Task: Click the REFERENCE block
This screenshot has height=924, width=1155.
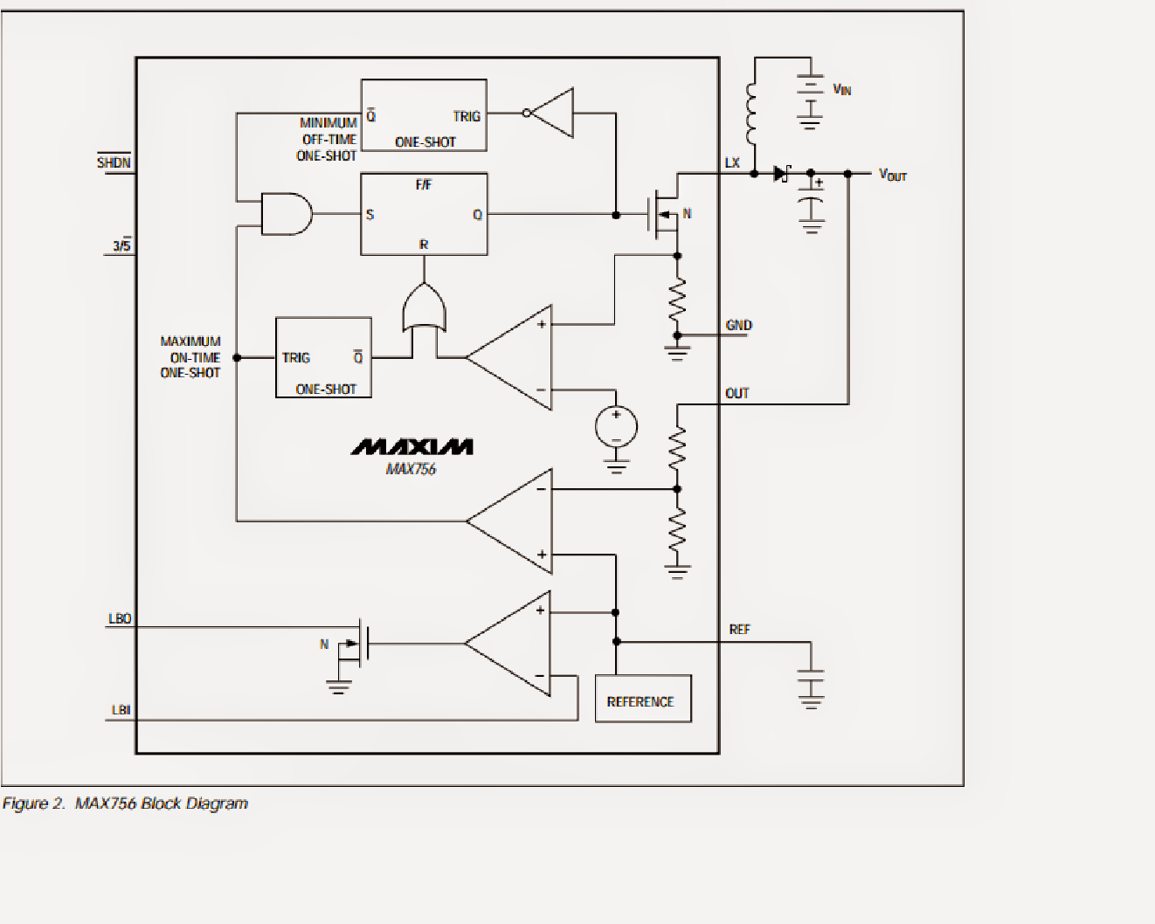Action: [x=642, y=699]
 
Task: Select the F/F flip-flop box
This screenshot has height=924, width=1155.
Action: [x=424, y=214]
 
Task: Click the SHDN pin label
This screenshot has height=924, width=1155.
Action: [x=114, y=162]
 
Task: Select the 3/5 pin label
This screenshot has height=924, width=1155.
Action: [x=121, y=246]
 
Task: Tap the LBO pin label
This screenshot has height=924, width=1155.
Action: [x=120, y=618]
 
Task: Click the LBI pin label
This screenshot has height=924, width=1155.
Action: [x=121, y=710]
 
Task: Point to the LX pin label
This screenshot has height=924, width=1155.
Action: [x=732, y=163]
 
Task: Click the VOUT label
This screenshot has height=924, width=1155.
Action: [x=892, y=175]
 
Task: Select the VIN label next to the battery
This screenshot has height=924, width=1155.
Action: [x=841, y=89]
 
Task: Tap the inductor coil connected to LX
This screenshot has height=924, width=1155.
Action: [x=752, y=113]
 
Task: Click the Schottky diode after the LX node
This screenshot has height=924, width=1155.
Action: [x=781, y=174]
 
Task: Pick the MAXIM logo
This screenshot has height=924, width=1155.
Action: [x=412, y=447]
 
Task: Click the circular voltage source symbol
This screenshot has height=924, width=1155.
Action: [x=616, y=428]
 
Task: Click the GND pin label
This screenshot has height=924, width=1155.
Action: [x=738, y=325]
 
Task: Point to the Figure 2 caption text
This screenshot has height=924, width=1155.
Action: [x=125, y=803]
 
